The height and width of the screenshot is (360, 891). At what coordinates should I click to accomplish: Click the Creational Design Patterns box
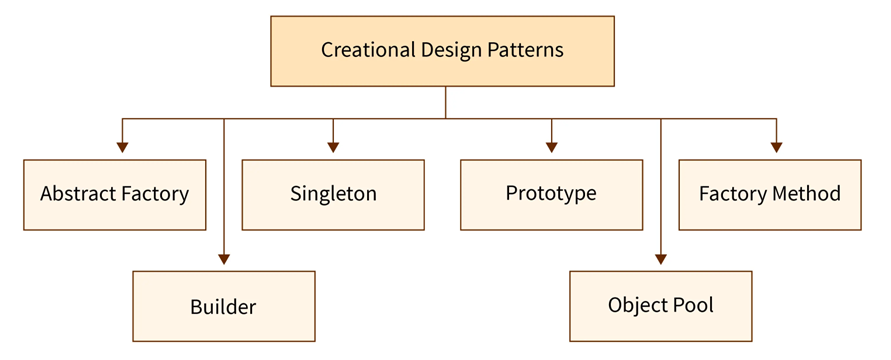(x=442, y=50)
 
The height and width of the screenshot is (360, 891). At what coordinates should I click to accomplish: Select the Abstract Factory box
(x=114, y=194)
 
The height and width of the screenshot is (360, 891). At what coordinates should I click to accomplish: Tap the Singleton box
(x=333, y=194)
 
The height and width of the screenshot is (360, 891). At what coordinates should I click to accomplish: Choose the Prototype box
(x=551, y=194)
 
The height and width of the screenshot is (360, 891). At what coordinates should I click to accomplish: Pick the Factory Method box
(x=769, y=194)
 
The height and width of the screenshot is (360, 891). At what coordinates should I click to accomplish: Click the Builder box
(x=224, y=307)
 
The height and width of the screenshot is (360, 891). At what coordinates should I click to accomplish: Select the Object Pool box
(x=661, y=305)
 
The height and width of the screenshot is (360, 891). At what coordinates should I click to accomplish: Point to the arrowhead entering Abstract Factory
(x=123, y=147)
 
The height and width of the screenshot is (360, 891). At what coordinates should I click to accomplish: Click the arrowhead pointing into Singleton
(x=333, y=147)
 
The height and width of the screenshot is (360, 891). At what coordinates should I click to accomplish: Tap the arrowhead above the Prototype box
(x=551, y=147)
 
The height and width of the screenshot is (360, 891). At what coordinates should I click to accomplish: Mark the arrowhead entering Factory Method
(x=776, y=147)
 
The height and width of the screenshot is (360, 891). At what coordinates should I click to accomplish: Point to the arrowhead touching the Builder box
(x=224, y=259)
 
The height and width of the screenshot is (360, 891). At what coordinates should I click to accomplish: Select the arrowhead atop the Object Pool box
(x=661, y=259)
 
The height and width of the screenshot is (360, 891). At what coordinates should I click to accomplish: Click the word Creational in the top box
(x=363, y=50)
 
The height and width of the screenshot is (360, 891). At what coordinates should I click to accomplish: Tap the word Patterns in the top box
(x=526, y=50)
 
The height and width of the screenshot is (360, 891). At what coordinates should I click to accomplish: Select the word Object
(x=638, y=305)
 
